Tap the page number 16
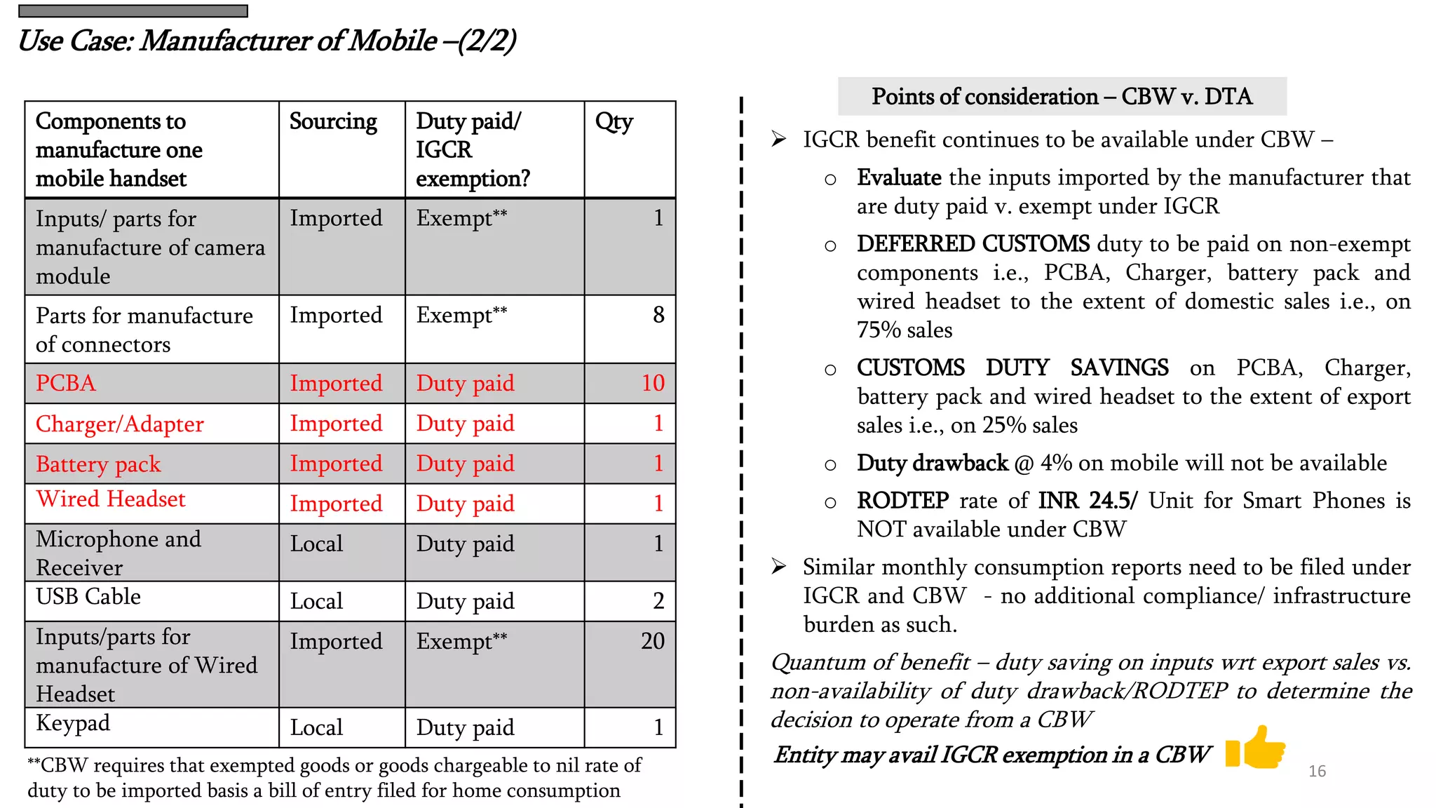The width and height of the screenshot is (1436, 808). click(1317, 771)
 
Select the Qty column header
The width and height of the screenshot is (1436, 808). click(614, 122)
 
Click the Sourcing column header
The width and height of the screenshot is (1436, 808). click(333, 122)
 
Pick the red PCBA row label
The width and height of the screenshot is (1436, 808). click(66, 383)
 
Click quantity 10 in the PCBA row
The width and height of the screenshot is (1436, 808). click(653, 383)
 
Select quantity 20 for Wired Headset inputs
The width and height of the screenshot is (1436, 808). click(652, 640)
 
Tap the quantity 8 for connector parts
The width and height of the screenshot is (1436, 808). click(658, 315)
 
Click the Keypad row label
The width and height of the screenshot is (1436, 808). click(73, 722)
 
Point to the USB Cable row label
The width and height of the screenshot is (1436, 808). click(88, 596)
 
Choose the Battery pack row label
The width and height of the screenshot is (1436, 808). click(98, 464)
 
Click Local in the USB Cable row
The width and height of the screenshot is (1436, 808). click(317, 601)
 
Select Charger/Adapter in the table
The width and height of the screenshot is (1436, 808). click(120, 424)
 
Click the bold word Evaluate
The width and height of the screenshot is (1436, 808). click(899, 177)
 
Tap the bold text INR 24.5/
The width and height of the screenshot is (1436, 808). click(1088, 501)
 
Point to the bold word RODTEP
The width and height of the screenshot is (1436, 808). click(902, 501)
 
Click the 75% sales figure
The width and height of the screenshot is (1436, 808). click(905, 330)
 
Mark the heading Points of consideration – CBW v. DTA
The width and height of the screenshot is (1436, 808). click(1062, 96)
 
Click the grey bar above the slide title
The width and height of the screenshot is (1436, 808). click(133, 11)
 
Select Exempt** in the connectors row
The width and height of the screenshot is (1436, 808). click(461, 315)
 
